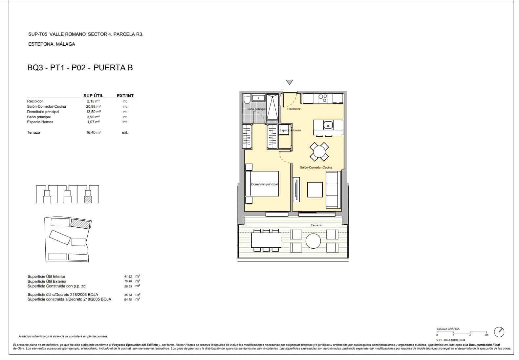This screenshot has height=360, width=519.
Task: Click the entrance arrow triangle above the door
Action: (x=289, y=82)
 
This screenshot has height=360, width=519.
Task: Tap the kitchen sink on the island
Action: (x=328, y=125)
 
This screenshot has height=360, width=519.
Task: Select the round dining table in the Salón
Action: (x=319, y=152)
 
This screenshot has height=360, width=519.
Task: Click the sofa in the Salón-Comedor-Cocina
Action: (x=333, y=190)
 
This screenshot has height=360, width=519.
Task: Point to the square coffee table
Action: (x=315, y=190)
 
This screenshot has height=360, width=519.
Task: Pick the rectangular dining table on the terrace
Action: (x=266, y=240)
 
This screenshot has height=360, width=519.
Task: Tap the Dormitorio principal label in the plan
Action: (x=264, y=184)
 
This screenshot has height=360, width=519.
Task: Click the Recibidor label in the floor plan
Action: (x=293, y=109)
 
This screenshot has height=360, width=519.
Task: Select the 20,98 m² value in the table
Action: (x=94, y=106)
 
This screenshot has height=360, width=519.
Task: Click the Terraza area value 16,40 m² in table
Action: (x=94, y=132)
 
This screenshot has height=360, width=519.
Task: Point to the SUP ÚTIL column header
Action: (x=93, y=96)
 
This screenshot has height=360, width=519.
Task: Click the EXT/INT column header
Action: (x=125, y=96)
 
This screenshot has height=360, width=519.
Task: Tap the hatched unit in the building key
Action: (x=88, y=199)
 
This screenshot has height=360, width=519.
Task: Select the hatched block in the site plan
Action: (x=80, y=224)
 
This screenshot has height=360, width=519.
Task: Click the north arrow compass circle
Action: (x=499, y=332)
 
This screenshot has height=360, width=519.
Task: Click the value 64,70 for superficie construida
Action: (x=128, y=300)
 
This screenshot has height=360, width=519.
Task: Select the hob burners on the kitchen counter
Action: (x=323, y=98)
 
